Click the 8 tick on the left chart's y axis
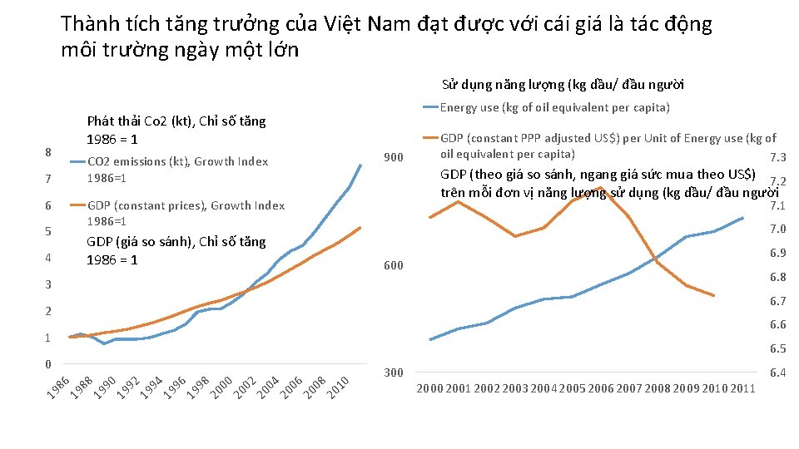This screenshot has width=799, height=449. click(x=48, y=153)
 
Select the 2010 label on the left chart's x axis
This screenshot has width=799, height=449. click(x=337, y=387)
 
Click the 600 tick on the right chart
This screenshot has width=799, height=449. click(x=393, y=266)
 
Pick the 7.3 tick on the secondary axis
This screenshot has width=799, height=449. click(x=778, y=159)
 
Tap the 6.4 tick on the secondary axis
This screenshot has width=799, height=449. click(x=778, y=373)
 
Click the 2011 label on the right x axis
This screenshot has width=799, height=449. click(x=742, y=388)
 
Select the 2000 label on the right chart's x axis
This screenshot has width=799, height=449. click(x=429, y=388)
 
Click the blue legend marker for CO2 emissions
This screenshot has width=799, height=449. click(x=77, y=162)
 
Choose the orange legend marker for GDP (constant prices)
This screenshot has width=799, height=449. click(x=77, y=205)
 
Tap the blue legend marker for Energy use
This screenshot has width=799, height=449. click(x=430, y=107)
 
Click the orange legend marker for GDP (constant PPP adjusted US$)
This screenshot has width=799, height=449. click(x=430, y=139)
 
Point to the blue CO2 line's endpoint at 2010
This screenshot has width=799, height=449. click(x=360, y=165)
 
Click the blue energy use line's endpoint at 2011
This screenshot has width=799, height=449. click(x=742, y=218)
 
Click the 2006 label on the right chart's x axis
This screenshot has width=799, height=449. click(x=600, y=388)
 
